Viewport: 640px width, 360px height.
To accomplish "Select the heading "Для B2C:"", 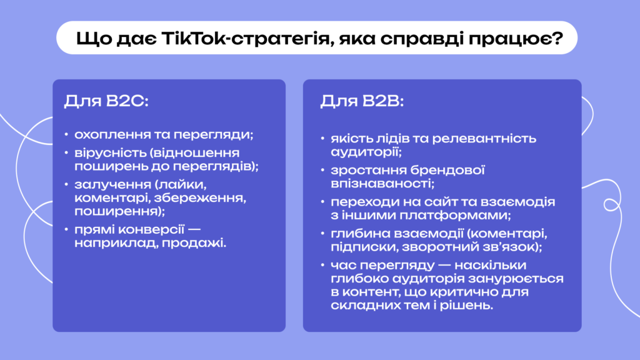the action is click(106, 101).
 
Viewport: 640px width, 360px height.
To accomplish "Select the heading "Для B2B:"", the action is click(362, 101).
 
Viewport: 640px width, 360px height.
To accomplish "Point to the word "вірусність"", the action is click(110, 152).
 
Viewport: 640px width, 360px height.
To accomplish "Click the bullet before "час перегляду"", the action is click(322, 265).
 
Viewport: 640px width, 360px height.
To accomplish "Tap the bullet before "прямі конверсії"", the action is click(66, 229).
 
